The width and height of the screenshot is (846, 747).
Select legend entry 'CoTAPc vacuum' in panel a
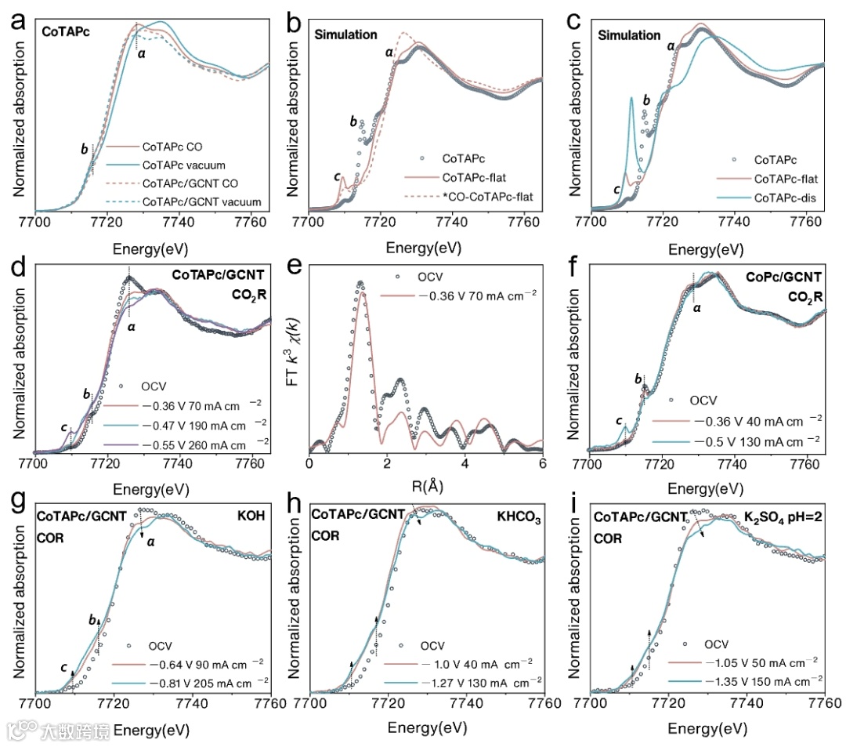[183, 165]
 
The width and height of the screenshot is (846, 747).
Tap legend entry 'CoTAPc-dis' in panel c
[786, 198]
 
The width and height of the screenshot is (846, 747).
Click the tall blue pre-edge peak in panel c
[631, 100]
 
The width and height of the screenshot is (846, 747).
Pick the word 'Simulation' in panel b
[345, 34]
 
